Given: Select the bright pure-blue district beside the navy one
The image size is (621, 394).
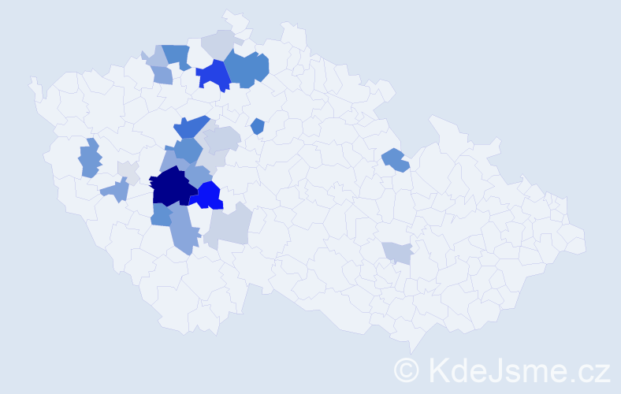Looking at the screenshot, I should [x=209, y=195].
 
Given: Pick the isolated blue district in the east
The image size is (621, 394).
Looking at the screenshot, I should [x=395, y=160].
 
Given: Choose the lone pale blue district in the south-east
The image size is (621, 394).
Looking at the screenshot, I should [x=397, y=252].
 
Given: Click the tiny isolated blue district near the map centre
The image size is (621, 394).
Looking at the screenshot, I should [x=257, y=126].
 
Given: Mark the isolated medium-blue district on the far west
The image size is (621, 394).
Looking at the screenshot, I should [x=90, y=158].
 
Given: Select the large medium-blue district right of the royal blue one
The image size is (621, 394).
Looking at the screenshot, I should [x=247, y=69].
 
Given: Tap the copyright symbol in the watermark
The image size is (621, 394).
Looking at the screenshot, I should [x=406, y=369].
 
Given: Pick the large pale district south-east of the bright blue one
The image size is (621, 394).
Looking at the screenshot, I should [x=231, y=225].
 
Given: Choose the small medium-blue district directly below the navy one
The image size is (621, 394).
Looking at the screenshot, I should [x=161, y=214].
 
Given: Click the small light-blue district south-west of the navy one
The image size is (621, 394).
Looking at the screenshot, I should [x=116, y=189].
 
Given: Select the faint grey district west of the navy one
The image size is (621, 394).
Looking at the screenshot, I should [x=128, y=172].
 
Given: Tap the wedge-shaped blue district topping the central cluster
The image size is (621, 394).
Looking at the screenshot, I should [x=192, y=126].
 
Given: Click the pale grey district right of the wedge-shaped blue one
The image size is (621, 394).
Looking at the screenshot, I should [x=221, y=139].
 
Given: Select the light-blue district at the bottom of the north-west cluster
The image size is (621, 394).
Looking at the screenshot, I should [x=162, y=76].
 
